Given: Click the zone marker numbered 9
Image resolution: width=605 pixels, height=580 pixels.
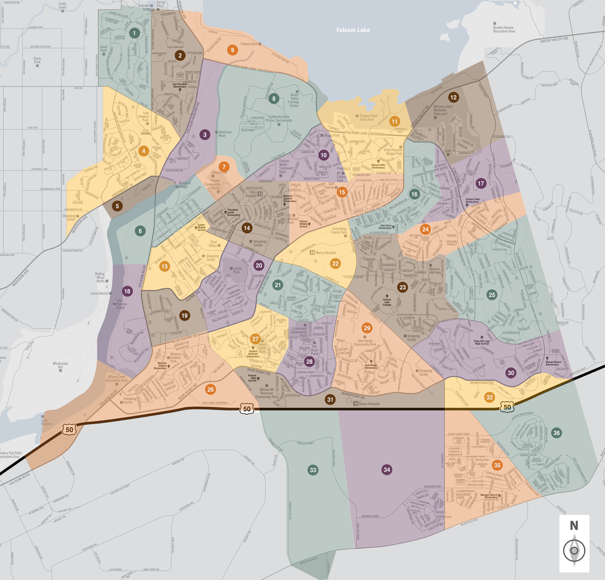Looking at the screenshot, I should tap(232, 50).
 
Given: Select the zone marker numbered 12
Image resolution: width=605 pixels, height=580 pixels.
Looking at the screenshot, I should tap(453, 97).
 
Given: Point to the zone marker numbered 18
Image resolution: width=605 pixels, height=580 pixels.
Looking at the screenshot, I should tap(127, 291).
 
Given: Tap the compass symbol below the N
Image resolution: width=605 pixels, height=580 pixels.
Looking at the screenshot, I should tap(574, 551).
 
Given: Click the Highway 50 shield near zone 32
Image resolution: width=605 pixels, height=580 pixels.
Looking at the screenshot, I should tap(507, 407).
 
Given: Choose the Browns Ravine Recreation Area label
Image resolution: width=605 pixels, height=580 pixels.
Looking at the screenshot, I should tap(504, 29).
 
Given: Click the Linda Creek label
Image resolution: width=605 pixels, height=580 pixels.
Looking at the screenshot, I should tap(62, 6).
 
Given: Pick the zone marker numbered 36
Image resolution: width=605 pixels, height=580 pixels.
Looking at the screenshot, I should tap(556, 433).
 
